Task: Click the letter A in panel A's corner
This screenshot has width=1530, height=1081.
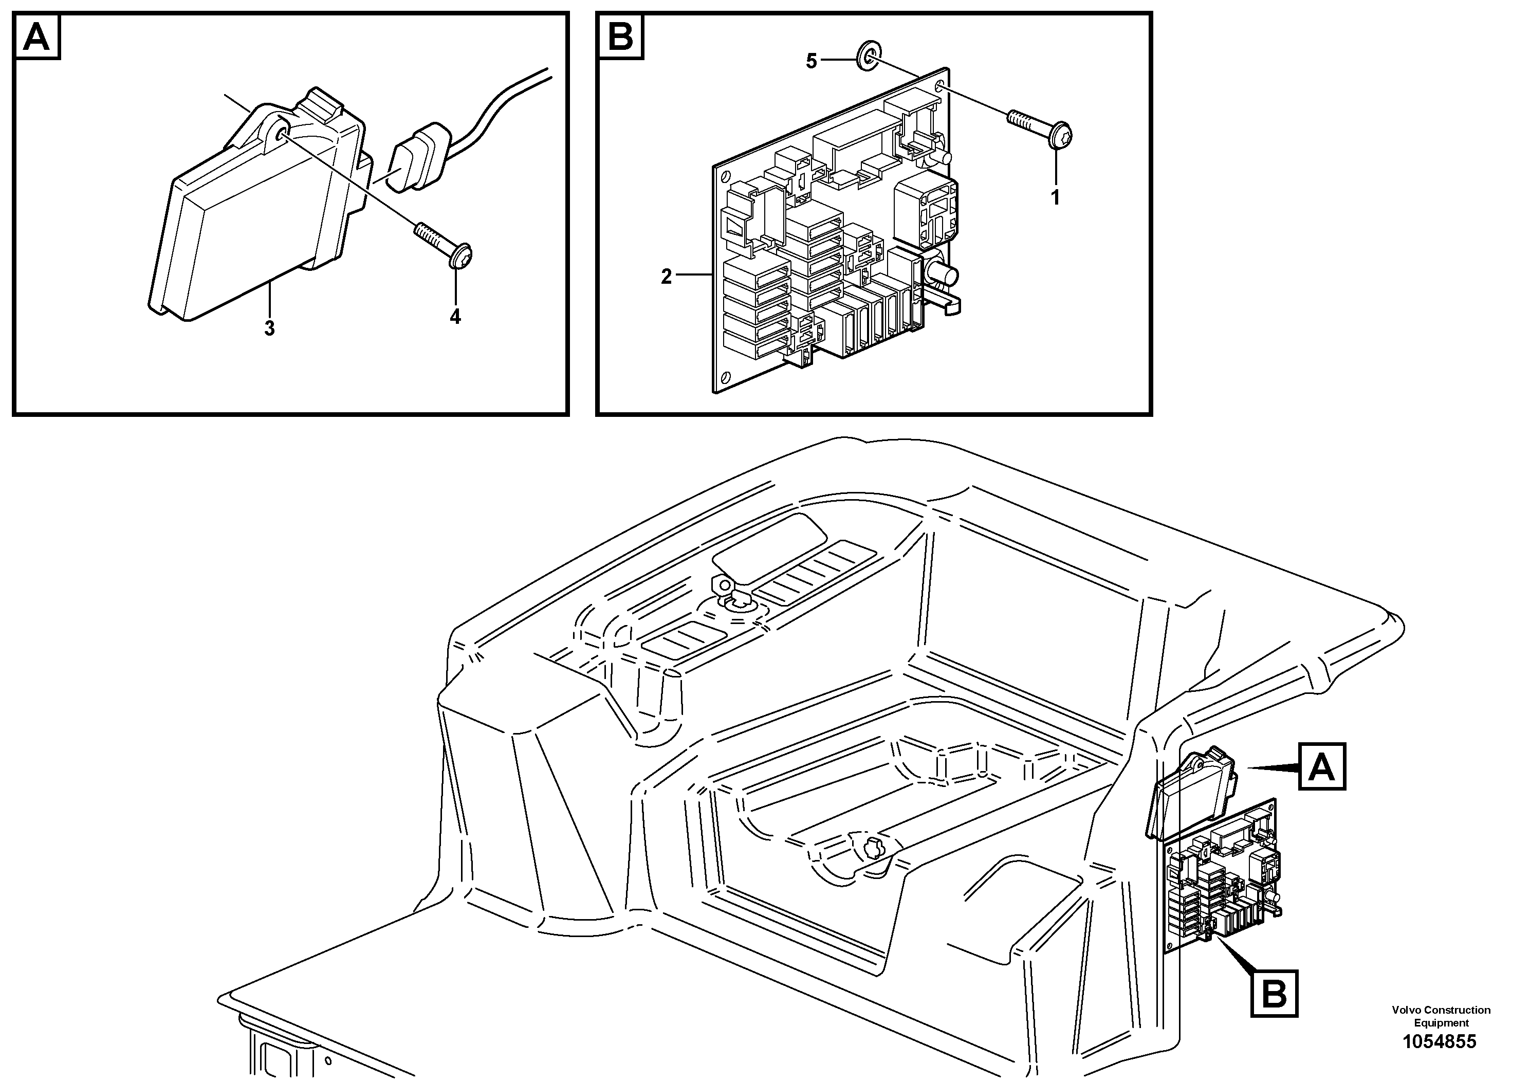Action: (x=36, y=38)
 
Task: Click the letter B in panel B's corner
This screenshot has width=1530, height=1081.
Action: (x=620, y=38)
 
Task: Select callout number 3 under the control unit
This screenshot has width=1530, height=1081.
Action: (x=269, y=328)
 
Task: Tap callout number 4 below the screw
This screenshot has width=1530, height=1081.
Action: (x=455, y=317)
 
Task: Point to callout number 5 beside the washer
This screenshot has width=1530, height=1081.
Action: (x=811, y=61)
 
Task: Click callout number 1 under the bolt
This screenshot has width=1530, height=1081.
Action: (x=1055, y=198)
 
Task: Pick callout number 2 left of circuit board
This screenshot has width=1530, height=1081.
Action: (x=667, y=277)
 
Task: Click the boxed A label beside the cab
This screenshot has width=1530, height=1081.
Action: (x=1322, y=766)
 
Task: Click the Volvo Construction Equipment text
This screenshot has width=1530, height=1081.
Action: (x=1441, y=1016)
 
